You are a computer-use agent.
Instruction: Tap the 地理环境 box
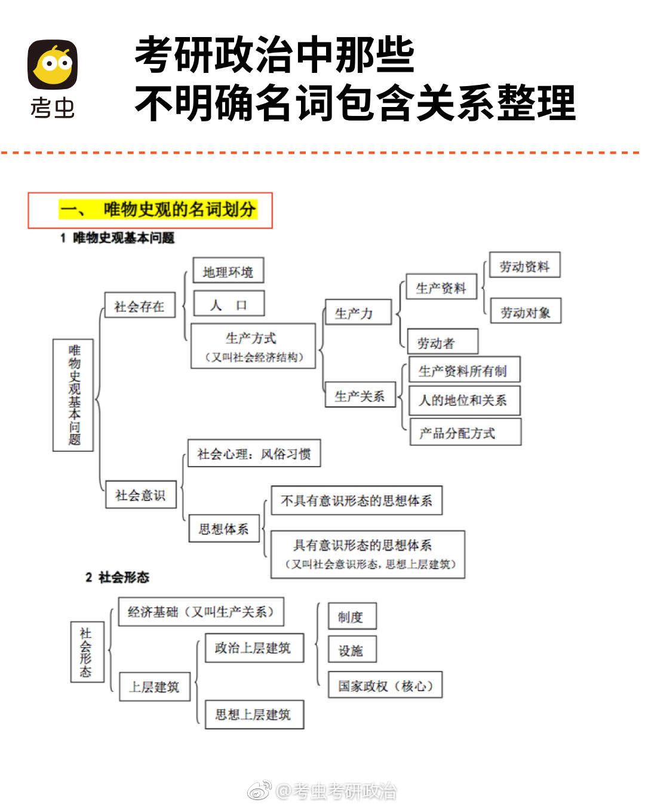228,272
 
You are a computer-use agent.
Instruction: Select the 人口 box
229,305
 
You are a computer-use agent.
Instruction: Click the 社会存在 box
140,306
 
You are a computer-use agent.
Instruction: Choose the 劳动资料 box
524,267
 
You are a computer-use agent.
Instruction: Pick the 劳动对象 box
526,312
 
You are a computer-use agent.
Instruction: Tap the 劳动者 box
442,343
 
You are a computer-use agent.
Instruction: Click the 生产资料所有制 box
463,371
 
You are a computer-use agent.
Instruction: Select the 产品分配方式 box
465,433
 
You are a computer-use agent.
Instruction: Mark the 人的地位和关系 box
464,401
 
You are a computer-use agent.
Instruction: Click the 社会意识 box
141,495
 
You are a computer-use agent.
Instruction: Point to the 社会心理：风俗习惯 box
254,454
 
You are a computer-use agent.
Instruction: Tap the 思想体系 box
224,529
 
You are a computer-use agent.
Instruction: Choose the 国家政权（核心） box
385,686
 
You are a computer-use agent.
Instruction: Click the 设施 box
352,650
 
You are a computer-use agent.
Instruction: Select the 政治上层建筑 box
253,648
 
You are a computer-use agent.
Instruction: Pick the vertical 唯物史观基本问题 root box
73,395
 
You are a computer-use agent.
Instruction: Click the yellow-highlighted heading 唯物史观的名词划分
158,210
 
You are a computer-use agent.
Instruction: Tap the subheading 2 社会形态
117,577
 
